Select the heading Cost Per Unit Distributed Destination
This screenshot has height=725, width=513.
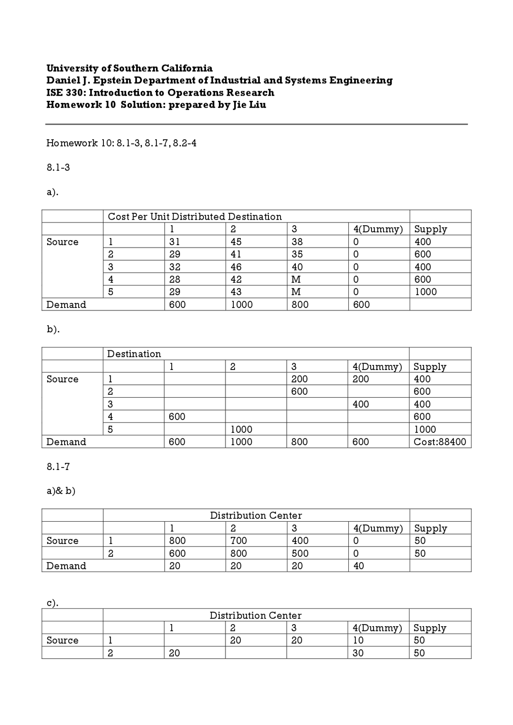(195, 217)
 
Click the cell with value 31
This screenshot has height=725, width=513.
(175, 242)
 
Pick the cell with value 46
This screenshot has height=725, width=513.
(236, 267)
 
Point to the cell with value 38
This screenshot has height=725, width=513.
(297, 242)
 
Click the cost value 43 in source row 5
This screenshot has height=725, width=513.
(236, 292)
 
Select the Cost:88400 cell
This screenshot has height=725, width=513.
(440, 442)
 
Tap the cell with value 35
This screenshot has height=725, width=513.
(297, 254)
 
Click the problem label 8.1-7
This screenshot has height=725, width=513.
(58, 467)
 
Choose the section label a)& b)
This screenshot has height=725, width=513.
(61, 491)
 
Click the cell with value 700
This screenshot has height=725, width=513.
(238, 541)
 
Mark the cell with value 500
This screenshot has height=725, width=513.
(300, 553)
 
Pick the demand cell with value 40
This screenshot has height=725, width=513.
(359, 566)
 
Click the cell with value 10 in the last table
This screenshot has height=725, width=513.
(358, 641)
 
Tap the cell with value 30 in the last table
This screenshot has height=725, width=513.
(358, 653)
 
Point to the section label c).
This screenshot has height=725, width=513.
(53, 603)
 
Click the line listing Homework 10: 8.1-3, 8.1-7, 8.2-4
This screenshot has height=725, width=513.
(121, 143)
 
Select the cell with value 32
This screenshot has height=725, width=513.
(175, 267)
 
